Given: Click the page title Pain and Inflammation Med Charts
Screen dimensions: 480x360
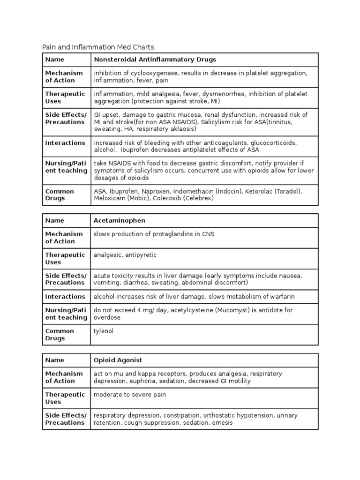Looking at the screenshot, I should click(x=98, y=47).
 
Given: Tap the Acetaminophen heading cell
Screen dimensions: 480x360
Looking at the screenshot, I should click(x=120, y=220).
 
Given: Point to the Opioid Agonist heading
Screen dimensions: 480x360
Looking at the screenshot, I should click(x=118, y=360).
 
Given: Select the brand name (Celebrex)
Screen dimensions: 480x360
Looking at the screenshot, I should click(x=199, y=198).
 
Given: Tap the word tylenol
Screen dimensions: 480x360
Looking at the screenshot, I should click(x=104, y=331).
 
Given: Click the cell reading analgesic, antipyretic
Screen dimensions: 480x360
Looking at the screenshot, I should click(x=125, y=255).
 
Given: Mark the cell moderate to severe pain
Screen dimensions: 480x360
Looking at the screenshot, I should click(x=130, y=395).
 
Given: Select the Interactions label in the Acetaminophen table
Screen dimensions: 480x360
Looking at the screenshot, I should click(x=65, y=296).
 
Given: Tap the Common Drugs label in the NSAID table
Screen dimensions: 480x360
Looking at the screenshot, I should click(x=60, y=195).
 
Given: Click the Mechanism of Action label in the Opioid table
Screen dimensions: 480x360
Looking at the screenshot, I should click(x=64, y=377).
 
